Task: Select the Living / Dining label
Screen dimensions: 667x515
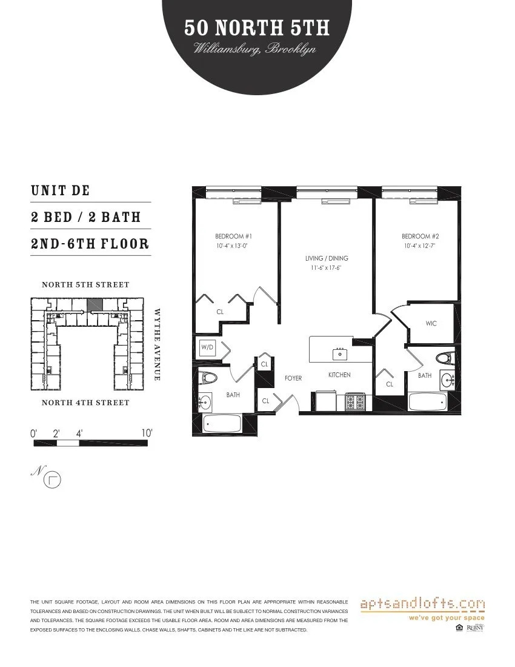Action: pyautogui.click(x=327, y=258)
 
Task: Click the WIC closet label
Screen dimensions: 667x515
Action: pyautogui.click(x=431, y=324)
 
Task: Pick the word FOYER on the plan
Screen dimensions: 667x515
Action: pyautogui.click(x=293, y=378)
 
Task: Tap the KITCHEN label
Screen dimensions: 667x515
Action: pyautogui.click(x=339, y=375)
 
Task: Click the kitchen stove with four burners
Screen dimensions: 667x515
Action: pyautogui.click(x=356, y=401)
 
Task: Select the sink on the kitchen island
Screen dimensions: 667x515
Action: pyautogui.click(x=340, y=353)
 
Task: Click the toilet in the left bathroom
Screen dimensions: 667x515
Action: pyautogui.click(x=209, y=378)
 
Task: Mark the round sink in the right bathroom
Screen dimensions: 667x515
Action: pyautogui.click(x=448, y=381)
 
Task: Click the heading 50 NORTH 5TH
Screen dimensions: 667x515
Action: pyautogui.click(x=257, y=28)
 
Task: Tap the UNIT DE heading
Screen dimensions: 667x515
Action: pyautogui.click(x=60, y=190)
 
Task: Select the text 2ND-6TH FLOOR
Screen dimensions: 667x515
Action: pyautogui.click(x=90, y=244)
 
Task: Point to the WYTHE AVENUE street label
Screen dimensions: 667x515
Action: pyautogui.click(x=157, y=344)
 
